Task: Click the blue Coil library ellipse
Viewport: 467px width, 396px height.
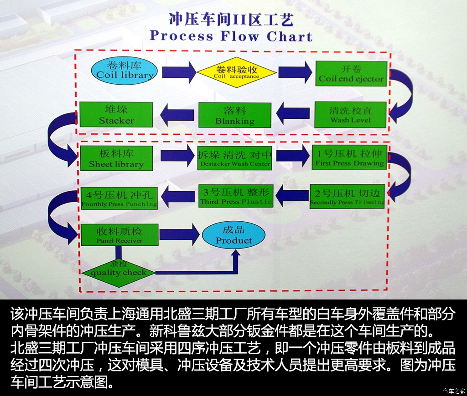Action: (x=125, y=71)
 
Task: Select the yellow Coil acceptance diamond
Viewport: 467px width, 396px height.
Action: (x=236, y=72)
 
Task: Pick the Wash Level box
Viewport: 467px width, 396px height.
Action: (x=350, y=114)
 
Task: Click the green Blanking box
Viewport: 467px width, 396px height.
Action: (x=235, y=115)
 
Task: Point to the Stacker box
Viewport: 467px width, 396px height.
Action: (x=116, y=115)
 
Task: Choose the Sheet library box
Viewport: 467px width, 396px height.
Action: (x=116, y=158)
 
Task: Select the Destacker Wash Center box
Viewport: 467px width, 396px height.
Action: (x=235, y=158)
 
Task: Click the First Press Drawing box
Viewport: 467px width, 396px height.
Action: (x=349, y=157)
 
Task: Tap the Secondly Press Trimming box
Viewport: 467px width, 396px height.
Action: (x=347, y=196)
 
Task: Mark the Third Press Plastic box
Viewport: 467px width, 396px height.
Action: (x=235, y=196)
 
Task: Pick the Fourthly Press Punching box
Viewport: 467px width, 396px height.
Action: (x=119, y=198)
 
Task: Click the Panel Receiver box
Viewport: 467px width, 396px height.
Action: (x=119, y=235)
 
